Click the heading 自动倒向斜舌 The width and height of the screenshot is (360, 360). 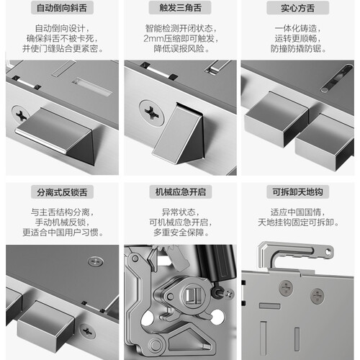coord(62,8)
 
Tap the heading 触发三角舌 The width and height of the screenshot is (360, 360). coord(180,8)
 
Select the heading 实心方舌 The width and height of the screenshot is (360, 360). coord(297,8)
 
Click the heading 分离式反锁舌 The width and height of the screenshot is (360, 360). coord(62,192)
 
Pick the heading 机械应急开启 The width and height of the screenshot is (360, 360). coord(181,192)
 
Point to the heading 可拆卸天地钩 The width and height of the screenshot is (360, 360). coord(297,192)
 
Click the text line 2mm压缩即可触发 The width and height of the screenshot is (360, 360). coord(181,39)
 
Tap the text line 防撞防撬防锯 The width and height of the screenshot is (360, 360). coord(298,49)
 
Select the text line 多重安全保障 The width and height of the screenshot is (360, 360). coord(181,233)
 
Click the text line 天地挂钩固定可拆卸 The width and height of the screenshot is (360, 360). coord(298,222)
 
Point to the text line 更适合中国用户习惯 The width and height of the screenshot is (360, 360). coord(63,233)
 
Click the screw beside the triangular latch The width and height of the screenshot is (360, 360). coord(152,112)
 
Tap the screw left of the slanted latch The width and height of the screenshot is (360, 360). coord(20,114)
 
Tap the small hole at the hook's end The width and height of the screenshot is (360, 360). coord(328,252)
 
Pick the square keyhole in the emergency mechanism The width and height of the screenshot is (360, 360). coord(194,294)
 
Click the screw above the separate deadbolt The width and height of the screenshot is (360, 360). coord(95,261)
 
